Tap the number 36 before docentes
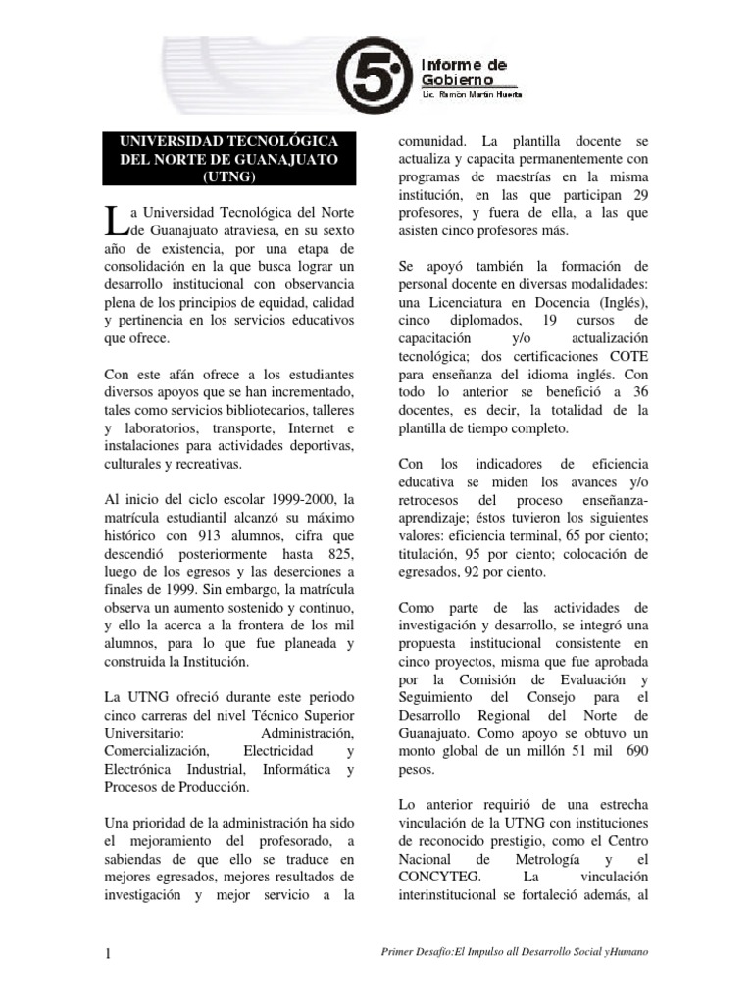click(x=638, y=392)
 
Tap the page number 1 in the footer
click(x=109, y=952)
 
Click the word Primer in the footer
click(x=406, y=953)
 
